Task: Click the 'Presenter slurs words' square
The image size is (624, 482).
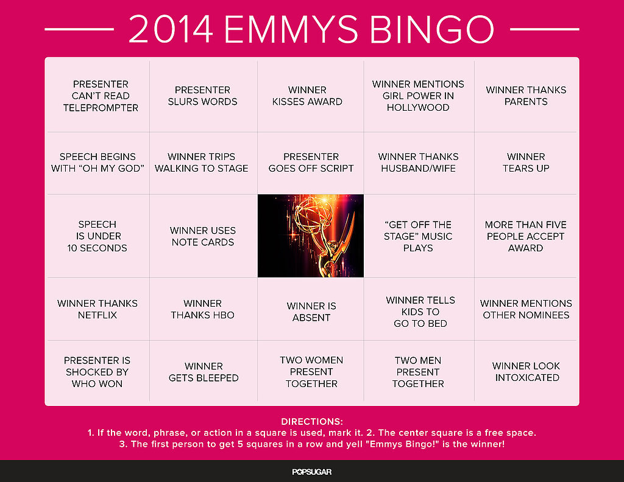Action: [x=203, y=96]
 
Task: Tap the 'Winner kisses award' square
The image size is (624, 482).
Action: [x=310, y=96]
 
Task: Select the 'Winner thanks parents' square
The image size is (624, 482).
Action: [x=525, y=96]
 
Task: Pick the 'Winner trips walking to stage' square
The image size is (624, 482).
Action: [x=203, y=163]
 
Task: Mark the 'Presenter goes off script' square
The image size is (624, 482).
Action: [x=310, y=163]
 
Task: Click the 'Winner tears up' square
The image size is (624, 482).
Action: [x=525, y=163]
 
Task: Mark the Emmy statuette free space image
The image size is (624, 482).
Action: [x=310, y=236]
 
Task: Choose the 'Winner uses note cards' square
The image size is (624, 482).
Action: [x=203, y=236]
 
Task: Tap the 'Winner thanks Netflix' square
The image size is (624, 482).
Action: [x=98, y=309]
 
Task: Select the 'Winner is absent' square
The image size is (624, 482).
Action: [x=310, y=309]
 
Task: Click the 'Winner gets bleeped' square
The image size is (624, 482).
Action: [x=203, y=371]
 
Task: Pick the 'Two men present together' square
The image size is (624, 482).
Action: [x=419, y=371]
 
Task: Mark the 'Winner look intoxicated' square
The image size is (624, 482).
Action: [x=525, y=371]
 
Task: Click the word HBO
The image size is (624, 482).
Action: [x=223, y=315]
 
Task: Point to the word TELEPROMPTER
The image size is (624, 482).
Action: [x=101, y=108]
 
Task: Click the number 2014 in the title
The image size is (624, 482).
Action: [x=171, y=29]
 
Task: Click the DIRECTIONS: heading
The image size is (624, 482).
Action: [x=312, y=422]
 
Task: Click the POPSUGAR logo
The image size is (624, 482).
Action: [x=312, y=472]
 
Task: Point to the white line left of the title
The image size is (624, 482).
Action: [x=79, y=29]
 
